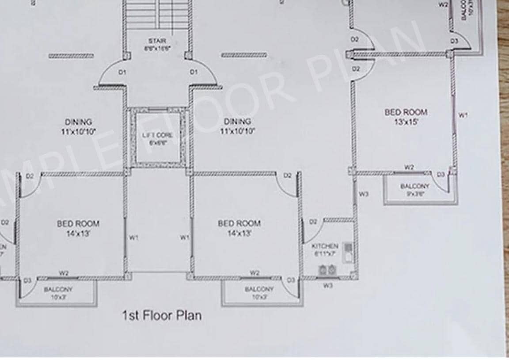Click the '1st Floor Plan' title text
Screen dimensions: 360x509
click(x=162, y=315)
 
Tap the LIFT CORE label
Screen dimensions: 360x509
click(x=157, y=135)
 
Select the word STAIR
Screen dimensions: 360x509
click(x=157, y=41)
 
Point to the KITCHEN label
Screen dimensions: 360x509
click(x=325, y=246)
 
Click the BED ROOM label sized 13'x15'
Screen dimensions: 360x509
click(x=406, y=112)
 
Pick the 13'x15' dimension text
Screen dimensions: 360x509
click(x=406, y=122)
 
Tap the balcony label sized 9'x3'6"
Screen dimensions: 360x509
click(x=414, y=186)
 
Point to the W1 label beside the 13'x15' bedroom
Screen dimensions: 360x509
click(x=463, y=115)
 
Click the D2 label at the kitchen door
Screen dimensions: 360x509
click(x=313, y=222)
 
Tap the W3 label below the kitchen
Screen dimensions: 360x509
click(x=327, y=286)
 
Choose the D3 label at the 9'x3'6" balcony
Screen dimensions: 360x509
click(x=441, y=175)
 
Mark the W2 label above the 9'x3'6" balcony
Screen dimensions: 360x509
click(x=410, y=167)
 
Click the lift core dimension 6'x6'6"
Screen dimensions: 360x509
click(x=157, y=143)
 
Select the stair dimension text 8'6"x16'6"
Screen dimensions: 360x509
click(x=157, y=47)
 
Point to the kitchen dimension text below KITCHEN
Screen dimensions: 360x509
click(x=325, y=254)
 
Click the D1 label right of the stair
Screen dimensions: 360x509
click(x=193, y=72)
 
